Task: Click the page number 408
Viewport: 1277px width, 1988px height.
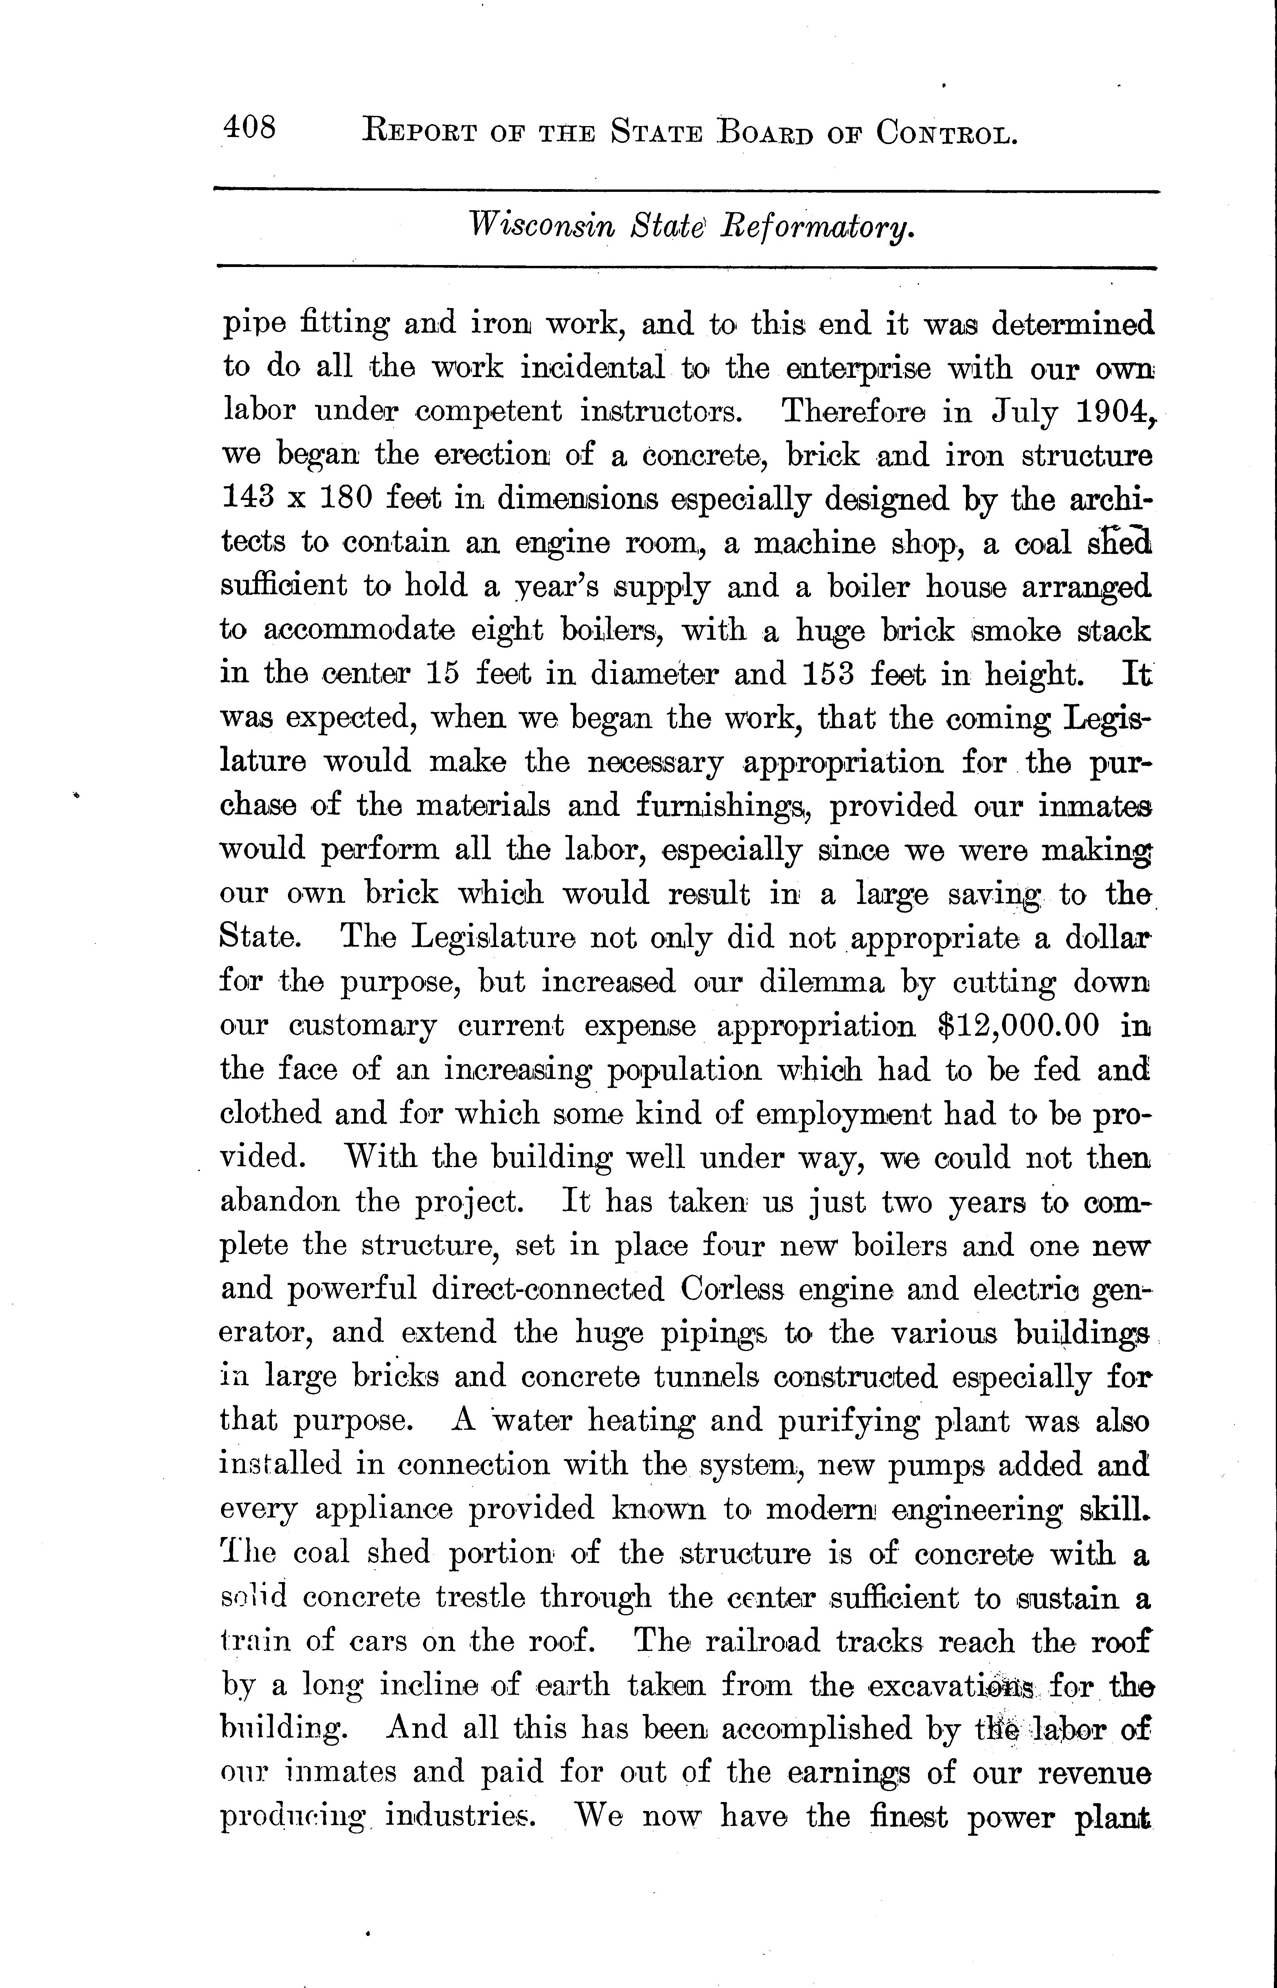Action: tap(249, 128)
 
